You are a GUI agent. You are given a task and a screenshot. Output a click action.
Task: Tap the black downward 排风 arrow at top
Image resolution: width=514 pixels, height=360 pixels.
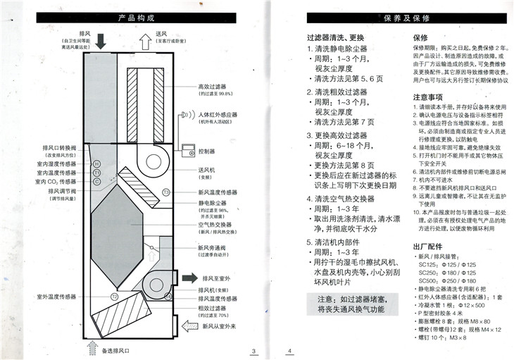pyautogui.click(x=101, y=40)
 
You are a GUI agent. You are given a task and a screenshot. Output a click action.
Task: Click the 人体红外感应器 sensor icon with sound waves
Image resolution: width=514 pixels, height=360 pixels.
pyautogui.click(x=187, y=114)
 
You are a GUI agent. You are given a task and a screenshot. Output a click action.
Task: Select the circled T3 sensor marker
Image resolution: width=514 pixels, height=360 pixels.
pyautogui.click(x=166, y=192)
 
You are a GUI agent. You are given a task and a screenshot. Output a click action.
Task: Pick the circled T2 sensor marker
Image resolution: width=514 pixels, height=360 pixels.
pyautogui.click(x=113, y=297)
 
